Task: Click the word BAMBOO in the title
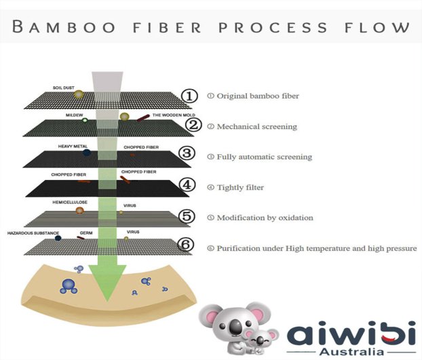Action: pos(64,26)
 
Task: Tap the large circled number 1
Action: pos(189,96)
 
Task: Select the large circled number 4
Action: pos(187,185)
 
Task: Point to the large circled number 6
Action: pos(186,245)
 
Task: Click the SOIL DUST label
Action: pos(64,88)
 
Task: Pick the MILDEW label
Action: pos(74,115)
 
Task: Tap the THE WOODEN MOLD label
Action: pos(174,115)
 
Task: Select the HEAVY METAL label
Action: pos(73,147)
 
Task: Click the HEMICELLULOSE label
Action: pos(70,202)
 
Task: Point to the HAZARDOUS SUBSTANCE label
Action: pos(33,233)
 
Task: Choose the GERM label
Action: pos(86,233)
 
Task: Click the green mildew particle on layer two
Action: pos(85,120)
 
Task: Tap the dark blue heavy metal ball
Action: pos(86,153)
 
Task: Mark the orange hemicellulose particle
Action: pos(79,210)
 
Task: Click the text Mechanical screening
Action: pos(256,126)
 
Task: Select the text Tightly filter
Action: pos(240,187)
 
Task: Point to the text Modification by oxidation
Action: pos(265,218)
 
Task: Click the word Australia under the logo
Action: pos(351,351)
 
